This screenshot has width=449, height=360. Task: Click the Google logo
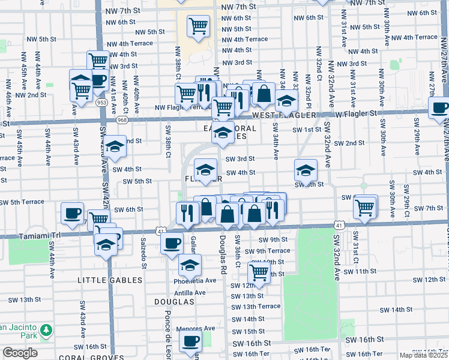(20, 353)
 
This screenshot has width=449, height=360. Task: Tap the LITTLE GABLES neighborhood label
(110, 280)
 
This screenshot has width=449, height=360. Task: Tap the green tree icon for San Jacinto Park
(46, 329)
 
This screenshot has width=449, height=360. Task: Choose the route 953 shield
(102, 103)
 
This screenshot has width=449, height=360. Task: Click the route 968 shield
(122, 120)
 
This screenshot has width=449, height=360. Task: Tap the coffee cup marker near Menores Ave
(191, 342)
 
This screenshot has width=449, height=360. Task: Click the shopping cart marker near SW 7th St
(364, 208)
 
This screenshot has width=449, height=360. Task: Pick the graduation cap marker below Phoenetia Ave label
(190, 265)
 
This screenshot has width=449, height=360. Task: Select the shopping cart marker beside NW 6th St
(198, 26)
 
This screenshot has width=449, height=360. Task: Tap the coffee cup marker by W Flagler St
(440, 108)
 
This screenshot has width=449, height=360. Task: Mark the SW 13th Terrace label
(256, 306)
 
